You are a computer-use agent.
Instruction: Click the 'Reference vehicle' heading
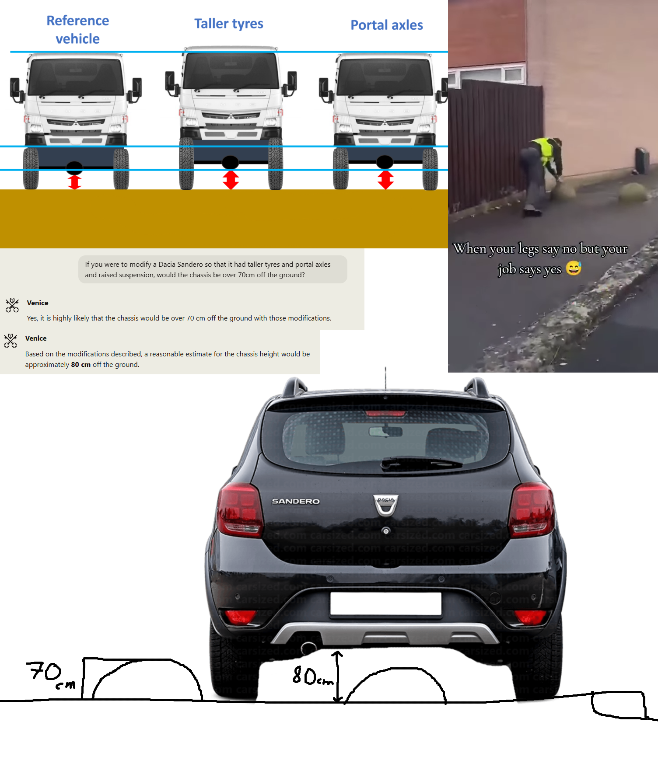click(78, 30)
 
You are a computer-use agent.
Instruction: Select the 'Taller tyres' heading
click(229, 24)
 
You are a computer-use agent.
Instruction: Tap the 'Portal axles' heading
click(387, 25)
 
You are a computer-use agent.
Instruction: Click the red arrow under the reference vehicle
click(74, 182)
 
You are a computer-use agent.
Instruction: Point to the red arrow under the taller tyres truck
click(231, 180)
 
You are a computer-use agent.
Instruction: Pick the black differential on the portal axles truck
click(385, 162)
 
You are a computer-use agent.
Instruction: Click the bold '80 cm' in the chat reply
click(81, 365)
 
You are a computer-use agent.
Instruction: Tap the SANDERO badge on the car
click(296, 501)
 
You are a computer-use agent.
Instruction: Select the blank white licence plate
click(386, 604)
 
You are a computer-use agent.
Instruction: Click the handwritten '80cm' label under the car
click(312, 676)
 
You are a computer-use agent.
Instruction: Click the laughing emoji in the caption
click(574, 268)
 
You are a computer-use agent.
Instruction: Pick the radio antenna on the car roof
click(385, 379)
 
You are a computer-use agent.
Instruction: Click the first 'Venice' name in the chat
click(38, 303)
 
